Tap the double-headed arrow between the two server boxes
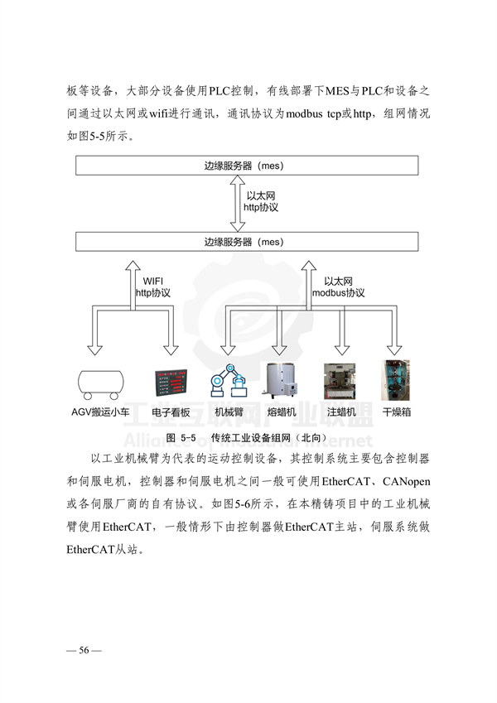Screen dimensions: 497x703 coord(237,204)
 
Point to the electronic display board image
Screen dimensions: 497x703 coord(171,383)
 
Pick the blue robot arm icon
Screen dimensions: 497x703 coord(229,380)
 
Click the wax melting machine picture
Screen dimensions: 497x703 coord(282,381)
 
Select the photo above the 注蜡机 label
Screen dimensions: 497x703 coord(340,382)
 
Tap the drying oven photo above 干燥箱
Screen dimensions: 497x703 coord(395,380)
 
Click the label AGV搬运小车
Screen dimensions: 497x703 coord(100,412)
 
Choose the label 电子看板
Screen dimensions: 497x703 coord(171,412)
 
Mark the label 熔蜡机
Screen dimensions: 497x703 coord(282,412)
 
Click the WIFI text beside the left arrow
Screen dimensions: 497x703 coord(153,281)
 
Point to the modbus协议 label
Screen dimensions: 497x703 coord(339,293)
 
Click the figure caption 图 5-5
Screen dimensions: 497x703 coord(181,438)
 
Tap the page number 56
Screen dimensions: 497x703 coord(84,650)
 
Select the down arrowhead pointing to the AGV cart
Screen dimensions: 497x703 coord(94,349)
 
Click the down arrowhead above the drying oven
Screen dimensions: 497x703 coord(394,349)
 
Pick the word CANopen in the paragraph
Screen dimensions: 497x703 coord(407,482)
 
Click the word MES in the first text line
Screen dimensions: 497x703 coord(337,91)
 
